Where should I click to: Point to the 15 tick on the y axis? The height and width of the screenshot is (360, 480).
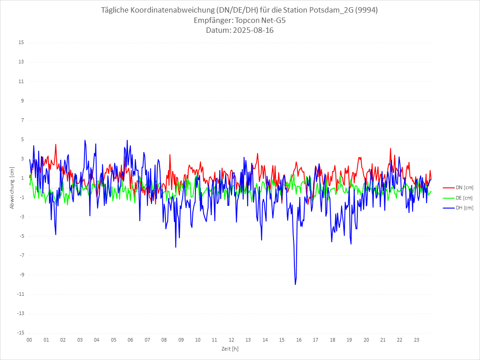pyautogui.click(x=21, y=43)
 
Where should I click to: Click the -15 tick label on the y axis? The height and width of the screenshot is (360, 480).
pyautogui.click(x=20, y=333)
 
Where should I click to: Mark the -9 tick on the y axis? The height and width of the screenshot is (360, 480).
pyautogui.click(x=21, y=275)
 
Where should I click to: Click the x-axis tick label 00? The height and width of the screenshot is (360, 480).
pyautogui.click(x=29, y=340)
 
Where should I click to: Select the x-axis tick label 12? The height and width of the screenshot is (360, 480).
pyautogui.click(x=231, y=340)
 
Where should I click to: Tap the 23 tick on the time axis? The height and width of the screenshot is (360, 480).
pyautogui.click(x=417, y=340)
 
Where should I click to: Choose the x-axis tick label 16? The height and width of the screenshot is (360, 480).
pyautogui.click(x=299, y=340)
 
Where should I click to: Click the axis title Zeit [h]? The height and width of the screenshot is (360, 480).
pyautogui.click(x=230, y=349)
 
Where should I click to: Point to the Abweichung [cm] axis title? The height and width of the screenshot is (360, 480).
pyautogui.click(x=12, y=188)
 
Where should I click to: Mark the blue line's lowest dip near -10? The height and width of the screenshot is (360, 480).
pyautogui.click(x=295, y=284)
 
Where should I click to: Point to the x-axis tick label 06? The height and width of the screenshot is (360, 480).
pyautogui.click(x=130, y=340)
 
